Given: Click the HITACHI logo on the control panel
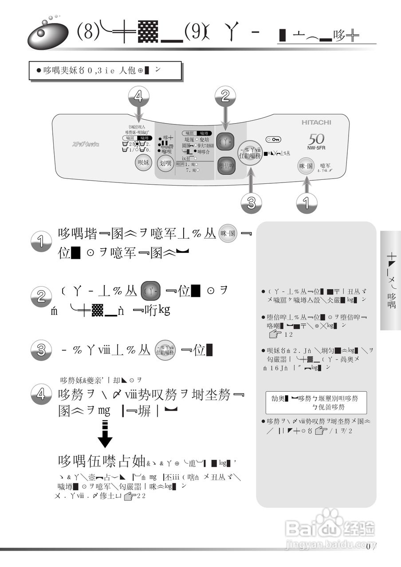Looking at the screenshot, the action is (316, 122).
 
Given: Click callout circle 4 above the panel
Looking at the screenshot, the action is (138, 97).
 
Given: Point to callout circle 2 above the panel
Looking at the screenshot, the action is (225, 97).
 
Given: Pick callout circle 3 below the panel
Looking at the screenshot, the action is (251, 202).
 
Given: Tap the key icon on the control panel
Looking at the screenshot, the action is (273, 140).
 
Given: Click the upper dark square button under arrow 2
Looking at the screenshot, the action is (225, 142).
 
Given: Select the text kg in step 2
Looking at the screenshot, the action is (163, 310).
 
